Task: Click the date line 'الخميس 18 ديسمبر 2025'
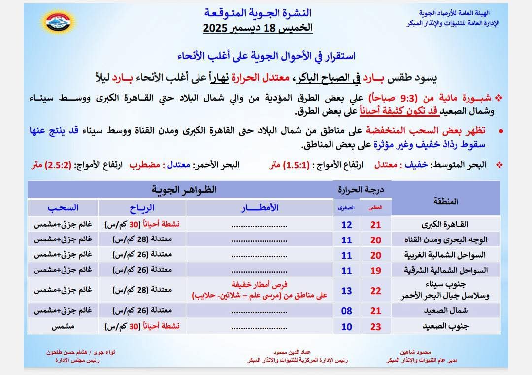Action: point(258,28)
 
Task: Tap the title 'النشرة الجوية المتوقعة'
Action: point(258,12)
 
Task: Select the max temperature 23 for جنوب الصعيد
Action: point(376,326)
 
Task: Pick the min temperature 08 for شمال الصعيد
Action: point(347,311)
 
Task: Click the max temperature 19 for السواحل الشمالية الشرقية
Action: point(376,270)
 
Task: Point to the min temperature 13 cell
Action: point(347,291)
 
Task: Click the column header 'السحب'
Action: point(63,207)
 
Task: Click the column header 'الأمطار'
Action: point(259,207)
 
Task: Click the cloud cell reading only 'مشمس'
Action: point(63,326)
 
